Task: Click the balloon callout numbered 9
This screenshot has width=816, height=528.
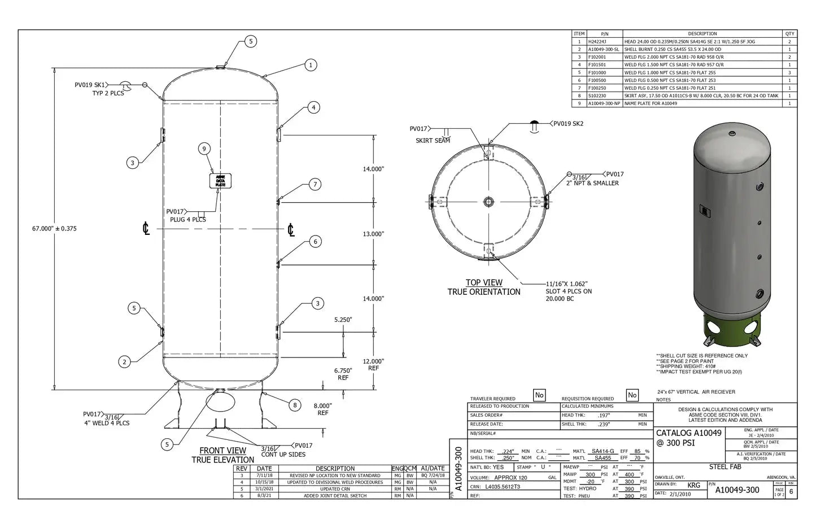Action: (204, 149)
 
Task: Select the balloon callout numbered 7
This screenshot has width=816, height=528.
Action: (315, 185)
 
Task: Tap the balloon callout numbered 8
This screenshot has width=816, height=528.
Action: (294, 405)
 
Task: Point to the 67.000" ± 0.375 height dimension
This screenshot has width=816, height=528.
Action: (54, 229)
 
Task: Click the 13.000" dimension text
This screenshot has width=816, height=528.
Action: (373, 234)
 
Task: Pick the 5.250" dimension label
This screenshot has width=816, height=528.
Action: (343, 320)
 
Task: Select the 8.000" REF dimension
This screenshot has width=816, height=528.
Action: (322, 409)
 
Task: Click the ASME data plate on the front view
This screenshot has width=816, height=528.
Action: (220, 181)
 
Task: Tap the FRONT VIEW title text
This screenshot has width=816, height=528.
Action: (222, 451)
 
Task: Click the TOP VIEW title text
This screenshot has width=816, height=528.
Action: (484, 283)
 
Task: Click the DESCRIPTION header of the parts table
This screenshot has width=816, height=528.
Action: (702, 34)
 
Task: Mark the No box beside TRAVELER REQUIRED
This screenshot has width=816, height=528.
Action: (539, 395)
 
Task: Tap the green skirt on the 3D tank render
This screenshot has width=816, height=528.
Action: (732, 328)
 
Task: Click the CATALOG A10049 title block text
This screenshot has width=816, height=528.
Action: (688, 433)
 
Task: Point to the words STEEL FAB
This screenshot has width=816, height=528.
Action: (725, 467)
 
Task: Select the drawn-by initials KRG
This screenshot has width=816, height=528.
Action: (693, 485)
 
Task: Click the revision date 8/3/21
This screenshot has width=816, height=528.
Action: (264, 496)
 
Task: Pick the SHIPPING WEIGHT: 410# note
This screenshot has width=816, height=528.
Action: (686, 366)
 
